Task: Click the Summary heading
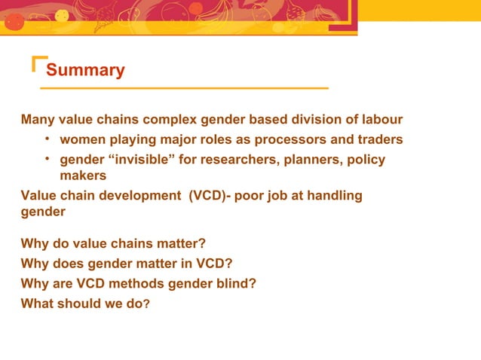click(x=85, y=71)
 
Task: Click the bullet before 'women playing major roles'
click(x=47, y=139)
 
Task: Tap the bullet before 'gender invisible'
click(x=47, y=159)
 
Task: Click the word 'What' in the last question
click(x=38, y=305)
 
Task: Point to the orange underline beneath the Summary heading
click(x=184, y=88)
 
